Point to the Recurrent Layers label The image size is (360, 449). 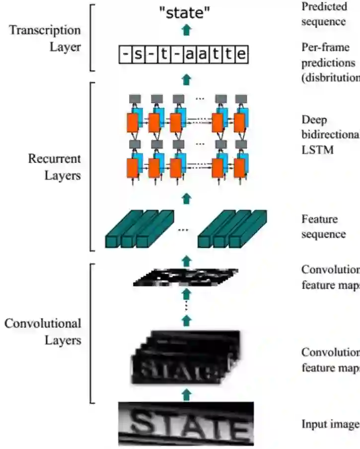tap(54, 167)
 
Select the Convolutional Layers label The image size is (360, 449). tap(43, 331)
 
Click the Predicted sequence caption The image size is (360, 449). tap(323, 14)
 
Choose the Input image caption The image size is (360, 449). tap(330, 424)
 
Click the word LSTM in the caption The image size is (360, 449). tap(315, 150)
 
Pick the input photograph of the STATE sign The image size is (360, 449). tap(186, 424)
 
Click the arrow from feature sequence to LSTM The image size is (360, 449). tap(187, 199)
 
